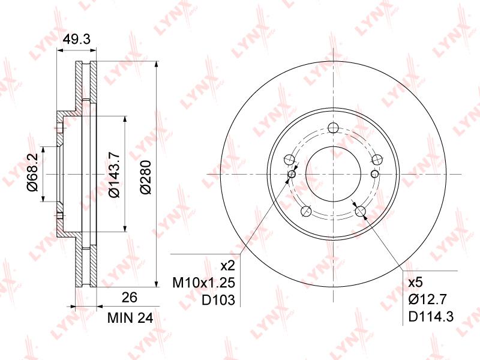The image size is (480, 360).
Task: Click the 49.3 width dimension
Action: pyautogui.click(x=77, y=39)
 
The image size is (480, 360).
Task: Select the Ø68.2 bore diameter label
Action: pyautogui.click(x=32, y=172)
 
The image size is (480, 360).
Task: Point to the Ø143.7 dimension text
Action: pyautogui.click(x=115, y=175)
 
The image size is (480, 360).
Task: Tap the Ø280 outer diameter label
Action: pyautogui.click(x=146, y=176)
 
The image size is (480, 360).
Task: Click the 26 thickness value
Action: pyautogui.click(x=130, y=297)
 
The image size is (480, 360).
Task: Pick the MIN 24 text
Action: pyautogui.click(x=130, y=319)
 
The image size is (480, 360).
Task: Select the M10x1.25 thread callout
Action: pyautogui.click(x=203, y=283)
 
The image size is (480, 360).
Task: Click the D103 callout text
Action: pyautogui.click(x=218, y=301)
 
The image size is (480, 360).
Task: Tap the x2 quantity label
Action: pyautogui.click(x=228, y=266)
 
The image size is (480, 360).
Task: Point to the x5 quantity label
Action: pyautogui.click(x=415, y=282)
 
